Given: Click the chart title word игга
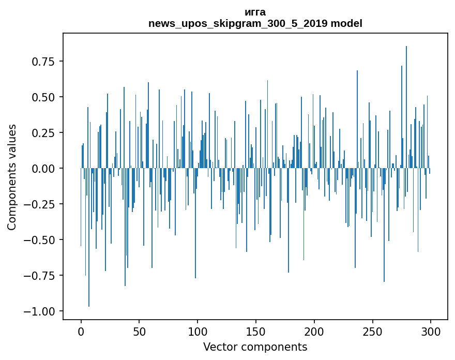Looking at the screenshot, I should point(255,12).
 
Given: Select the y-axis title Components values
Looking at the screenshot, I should point(12,177).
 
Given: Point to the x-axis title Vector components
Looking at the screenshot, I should point(255,347).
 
